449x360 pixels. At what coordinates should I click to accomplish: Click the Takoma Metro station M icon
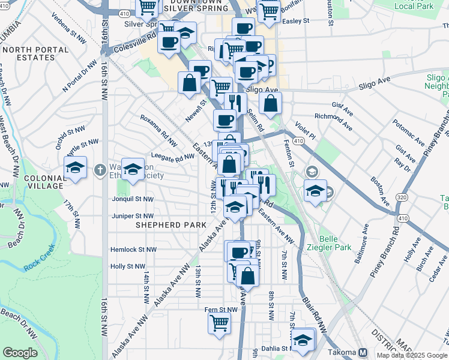coord(363,352)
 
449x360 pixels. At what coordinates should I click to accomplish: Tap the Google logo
coord(20,353)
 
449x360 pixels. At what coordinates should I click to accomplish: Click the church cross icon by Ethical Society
coord(100,168)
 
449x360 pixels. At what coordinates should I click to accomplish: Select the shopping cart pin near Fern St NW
coord(220,323)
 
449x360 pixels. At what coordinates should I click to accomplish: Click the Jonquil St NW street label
coord(133,199)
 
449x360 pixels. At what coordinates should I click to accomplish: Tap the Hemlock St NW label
coord(133,249)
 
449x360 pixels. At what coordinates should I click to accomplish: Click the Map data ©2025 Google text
coord(412,355)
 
